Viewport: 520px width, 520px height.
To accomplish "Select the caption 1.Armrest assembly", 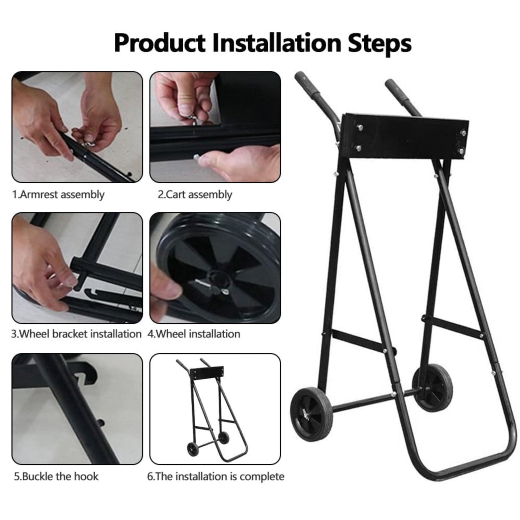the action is coord(58,195).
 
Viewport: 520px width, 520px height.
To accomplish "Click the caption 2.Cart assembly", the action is coord(195,195).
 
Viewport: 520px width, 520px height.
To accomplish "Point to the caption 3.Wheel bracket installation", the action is coord(76,334).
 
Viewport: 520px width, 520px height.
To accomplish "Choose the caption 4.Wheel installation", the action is coord(194,334).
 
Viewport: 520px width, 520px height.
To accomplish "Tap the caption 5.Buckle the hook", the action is coord(56,476).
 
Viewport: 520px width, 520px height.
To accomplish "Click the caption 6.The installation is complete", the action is coord(216,477).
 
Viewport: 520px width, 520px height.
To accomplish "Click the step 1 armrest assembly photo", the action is coord(77,127).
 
